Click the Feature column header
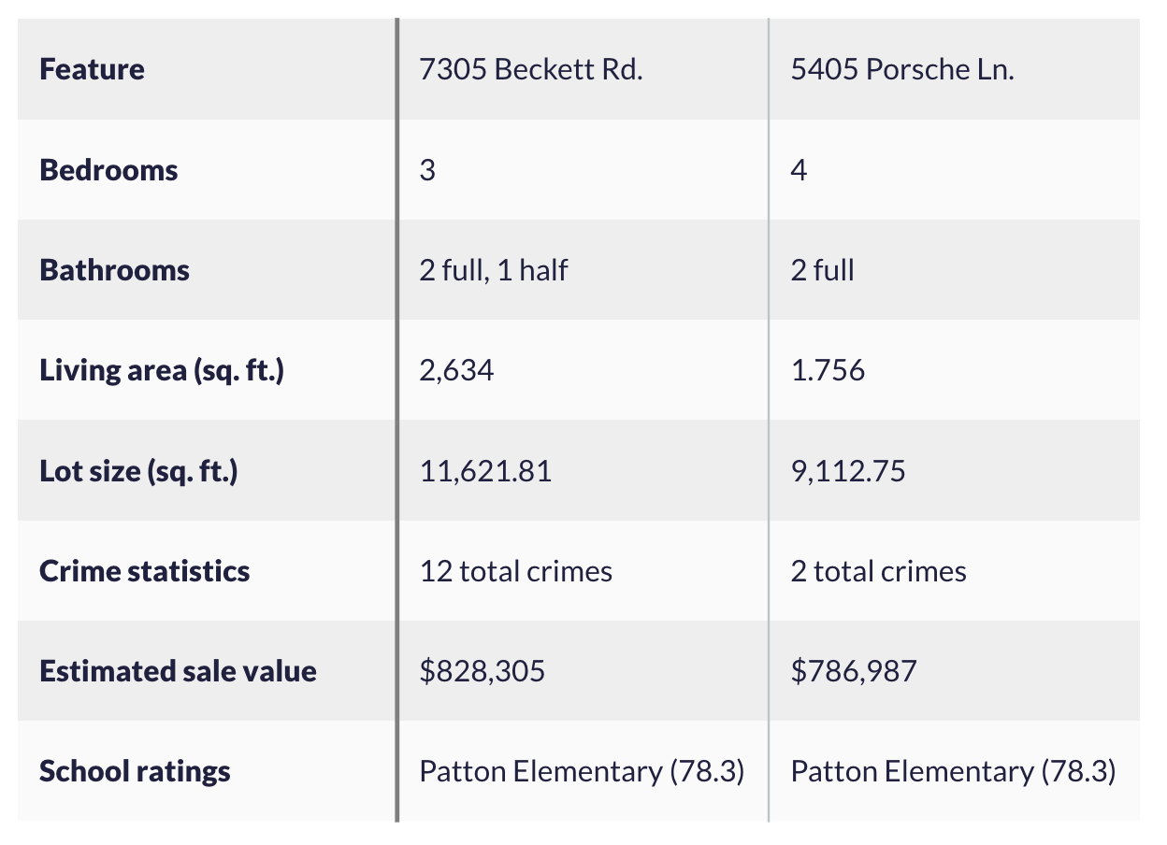click(x=92, y=70)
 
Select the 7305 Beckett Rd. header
click(x=531, y=70)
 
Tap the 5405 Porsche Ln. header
click(x=901, y=70)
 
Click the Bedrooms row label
click(x=108, y=170)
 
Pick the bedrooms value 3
click(x=427, y=171)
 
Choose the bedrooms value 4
click(x=799, y=171)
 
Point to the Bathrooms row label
click(x=114, y=270)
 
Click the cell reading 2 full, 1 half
click(x=494, y=270)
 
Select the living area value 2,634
click(x=456, y=371)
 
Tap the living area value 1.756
click(x=828, y=371)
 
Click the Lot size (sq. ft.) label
click(x=138, y=471)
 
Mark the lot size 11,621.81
click(x=485, y=471)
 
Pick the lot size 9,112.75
click(x=847, y=471)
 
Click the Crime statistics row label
click(x=144, y=571)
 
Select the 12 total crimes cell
click(x=515, y=571)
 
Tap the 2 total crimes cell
click(x=878, y=571)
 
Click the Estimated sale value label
click(x=178, y=671)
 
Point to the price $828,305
click(x=482, y=671)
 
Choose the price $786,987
click(x=853, y=671)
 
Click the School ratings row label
click(x=135, y=771)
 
